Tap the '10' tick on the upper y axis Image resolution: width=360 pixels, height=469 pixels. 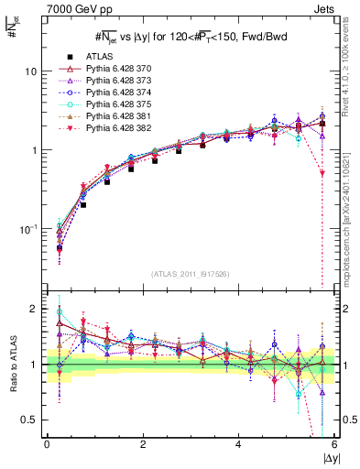point(32,71)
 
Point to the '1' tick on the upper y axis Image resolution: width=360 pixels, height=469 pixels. point(36,150)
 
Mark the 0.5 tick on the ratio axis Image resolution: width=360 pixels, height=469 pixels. point(30,420)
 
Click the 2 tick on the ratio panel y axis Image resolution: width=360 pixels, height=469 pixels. point(36,310)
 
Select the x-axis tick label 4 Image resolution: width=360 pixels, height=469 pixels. point(239,443)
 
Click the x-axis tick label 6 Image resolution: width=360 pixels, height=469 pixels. point(334,443)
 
